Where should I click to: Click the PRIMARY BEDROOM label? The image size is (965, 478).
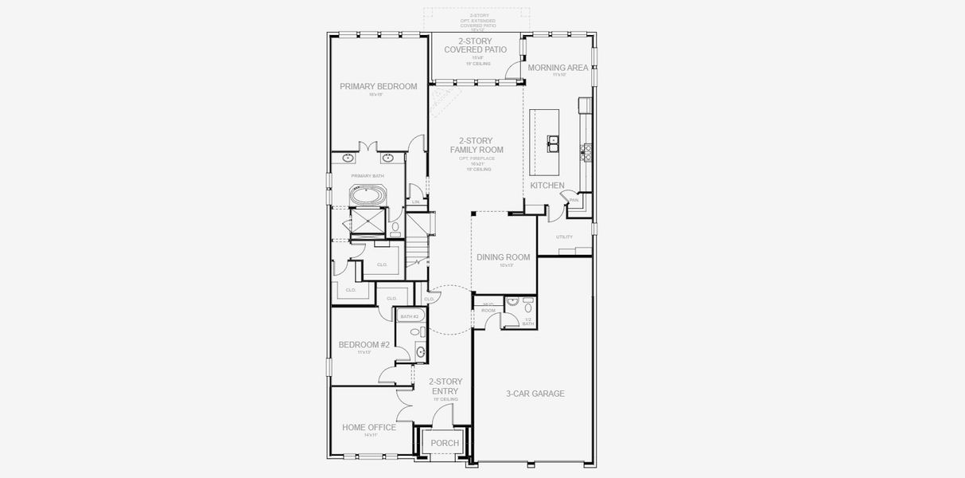[x=378, y=87]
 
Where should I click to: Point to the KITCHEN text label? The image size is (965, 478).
[x=547, y=186]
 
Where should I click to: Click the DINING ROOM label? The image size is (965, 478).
[x=503, y=257]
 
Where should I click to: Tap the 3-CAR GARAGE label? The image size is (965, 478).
[x=535, y=394]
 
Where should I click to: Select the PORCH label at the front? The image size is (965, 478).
[x=445, y=443]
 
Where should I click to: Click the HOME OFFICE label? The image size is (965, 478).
[x=368, y=428]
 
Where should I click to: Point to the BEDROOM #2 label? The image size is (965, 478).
[x=364, y=345]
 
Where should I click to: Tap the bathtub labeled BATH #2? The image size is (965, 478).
[x=410, y=316]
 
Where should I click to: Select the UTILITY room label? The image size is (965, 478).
[x=564, y=237]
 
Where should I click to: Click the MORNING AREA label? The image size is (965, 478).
[x=558, y=68]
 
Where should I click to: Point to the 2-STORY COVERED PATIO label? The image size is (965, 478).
[x=476, y=45]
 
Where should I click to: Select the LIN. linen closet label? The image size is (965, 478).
[x=415, y=202]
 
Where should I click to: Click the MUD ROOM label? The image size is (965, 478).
[x=488, y=307]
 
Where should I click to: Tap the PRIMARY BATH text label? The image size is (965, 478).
[x=368, y=175]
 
